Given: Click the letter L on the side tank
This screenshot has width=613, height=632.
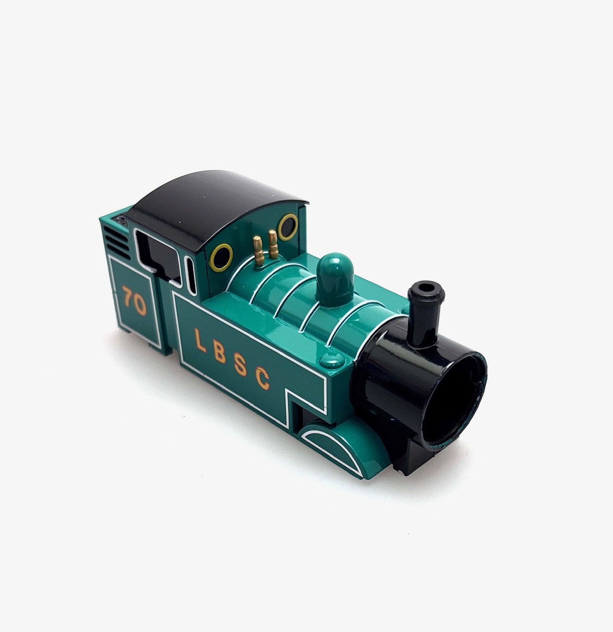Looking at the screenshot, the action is point(201,340).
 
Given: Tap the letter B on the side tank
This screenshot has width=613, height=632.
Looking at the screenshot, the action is point(220,351).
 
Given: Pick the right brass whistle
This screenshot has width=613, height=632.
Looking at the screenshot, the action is point(273,244).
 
